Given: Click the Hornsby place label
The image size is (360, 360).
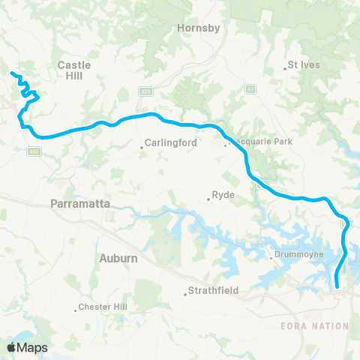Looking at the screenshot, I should (197, 28).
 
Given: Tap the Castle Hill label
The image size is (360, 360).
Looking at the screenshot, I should (74, 70).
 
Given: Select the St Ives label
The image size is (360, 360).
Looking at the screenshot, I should (305, 65).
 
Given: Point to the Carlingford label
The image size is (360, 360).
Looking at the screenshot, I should (170, 141).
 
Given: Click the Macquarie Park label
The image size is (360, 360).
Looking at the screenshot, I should (264, 141).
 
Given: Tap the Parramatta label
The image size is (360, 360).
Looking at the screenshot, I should (80, 203).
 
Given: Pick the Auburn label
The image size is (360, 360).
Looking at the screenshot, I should (118, 258).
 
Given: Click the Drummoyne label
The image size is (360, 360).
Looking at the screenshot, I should (295, 258).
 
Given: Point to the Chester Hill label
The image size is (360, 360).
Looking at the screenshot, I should (104, 307).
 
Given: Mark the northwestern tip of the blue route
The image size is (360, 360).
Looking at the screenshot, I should (11, 73).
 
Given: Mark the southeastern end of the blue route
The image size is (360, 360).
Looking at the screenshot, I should (337, 286).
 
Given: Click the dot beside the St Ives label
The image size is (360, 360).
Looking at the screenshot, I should (289, 66).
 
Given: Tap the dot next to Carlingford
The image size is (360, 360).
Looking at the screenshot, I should (142, 146).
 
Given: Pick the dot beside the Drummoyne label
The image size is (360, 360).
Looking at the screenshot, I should (271, 259).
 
